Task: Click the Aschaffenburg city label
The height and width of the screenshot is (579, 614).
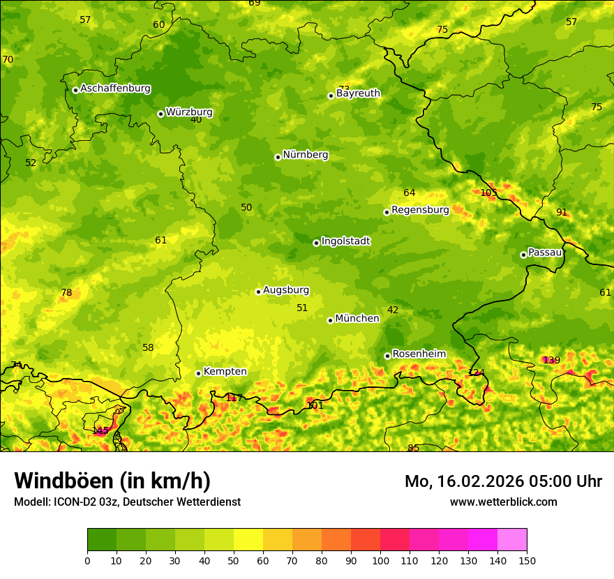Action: [x=115, y=89]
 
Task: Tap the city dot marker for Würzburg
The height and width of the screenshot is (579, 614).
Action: [x=160, y=114]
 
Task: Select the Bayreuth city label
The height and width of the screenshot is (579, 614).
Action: [x=358, y=93]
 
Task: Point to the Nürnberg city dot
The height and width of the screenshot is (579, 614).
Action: [x=278, y=157]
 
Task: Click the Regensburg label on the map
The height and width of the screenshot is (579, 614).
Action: [x=420, y=209]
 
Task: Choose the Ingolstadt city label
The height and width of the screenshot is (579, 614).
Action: [x=345, y=241]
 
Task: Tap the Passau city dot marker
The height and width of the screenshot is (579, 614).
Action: [x=523, y=255]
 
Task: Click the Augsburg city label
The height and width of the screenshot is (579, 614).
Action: [x=285, y=289]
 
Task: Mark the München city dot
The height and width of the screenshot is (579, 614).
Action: [x=330, y=320]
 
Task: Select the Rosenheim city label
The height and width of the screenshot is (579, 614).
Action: [x=419, y=354]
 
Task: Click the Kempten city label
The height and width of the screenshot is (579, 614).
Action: [x=225, y=371]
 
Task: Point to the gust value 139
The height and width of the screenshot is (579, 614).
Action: [x=551, y=360]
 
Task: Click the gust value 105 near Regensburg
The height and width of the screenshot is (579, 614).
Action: [x=489, y=193]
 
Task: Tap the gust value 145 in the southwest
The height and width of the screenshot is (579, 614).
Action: [x=100, y=430]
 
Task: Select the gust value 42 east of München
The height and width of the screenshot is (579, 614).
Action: [x=393, y=310]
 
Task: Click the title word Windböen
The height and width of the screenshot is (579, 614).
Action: [x=64, y=481]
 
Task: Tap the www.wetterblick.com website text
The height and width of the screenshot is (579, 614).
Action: [x=503, y=502]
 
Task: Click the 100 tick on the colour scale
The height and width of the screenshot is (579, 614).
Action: [x=380, y=560]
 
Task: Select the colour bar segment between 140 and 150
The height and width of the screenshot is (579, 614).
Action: [x=512, y=540]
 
